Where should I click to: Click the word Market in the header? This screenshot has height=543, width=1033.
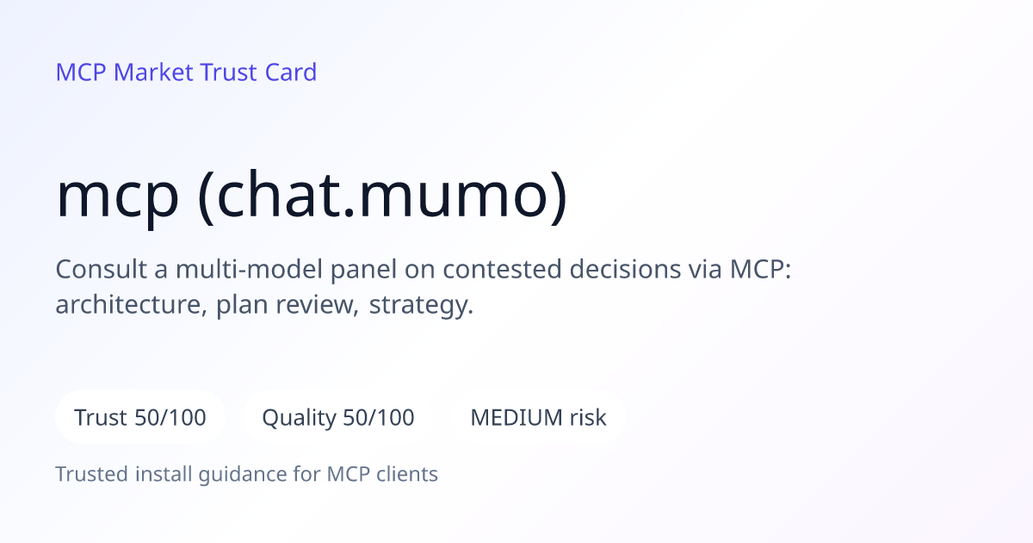click(x=153, y=72)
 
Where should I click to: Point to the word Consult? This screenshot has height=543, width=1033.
click(x=101, y=269)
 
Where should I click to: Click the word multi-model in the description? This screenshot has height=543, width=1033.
click(x=249, y=269)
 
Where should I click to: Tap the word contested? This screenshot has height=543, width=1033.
click(x=502, y=269)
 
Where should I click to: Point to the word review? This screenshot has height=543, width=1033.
click(x=317, y=305)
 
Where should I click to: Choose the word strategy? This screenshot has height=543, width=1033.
click(x=421, y=306)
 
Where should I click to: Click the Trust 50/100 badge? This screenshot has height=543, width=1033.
click(x=140, y=417)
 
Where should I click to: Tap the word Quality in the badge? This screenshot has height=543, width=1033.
click(x=299, y=418)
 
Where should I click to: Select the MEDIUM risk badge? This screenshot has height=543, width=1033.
click(x=538, y=417)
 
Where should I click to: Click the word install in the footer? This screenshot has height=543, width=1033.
click(x=164, y=474)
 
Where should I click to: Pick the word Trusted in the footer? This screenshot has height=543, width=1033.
click(x=92, y=474)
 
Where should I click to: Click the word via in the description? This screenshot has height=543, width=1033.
click(x=705, y=269)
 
